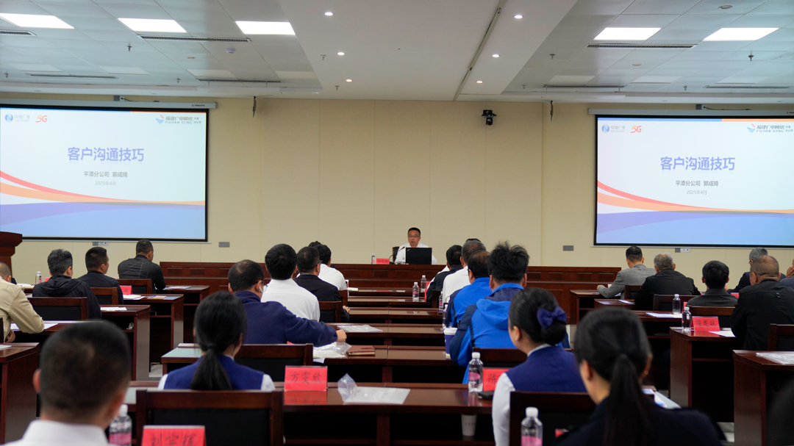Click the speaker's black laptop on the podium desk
tap(419, 256)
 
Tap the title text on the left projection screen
tap(106, 154)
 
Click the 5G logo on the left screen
tap(41, 118)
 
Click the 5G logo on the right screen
tap(636, 129)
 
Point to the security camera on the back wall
tap(488, 116)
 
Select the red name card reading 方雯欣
tap(305, 378)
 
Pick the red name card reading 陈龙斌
tap(706, 323)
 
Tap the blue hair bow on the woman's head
tap(552, 316)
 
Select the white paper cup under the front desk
tap(468, 425)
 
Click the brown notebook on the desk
tap(361, 351)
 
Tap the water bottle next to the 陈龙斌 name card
tap(687, 318)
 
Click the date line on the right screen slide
tap(696, 192)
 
